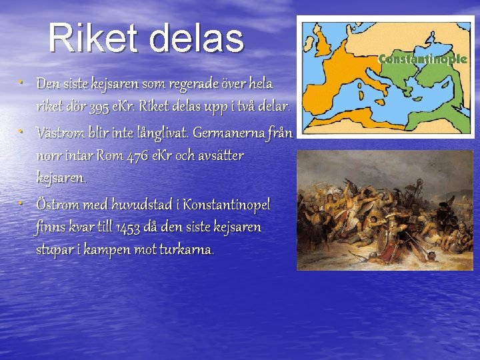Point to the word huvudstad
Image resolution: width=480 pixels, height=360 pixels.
point(141,204)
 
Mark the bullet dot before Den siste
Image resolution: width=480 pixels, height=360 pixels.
point(21,83)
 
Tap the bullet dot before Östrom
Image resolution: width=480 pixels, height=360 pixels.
point(21,202)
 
